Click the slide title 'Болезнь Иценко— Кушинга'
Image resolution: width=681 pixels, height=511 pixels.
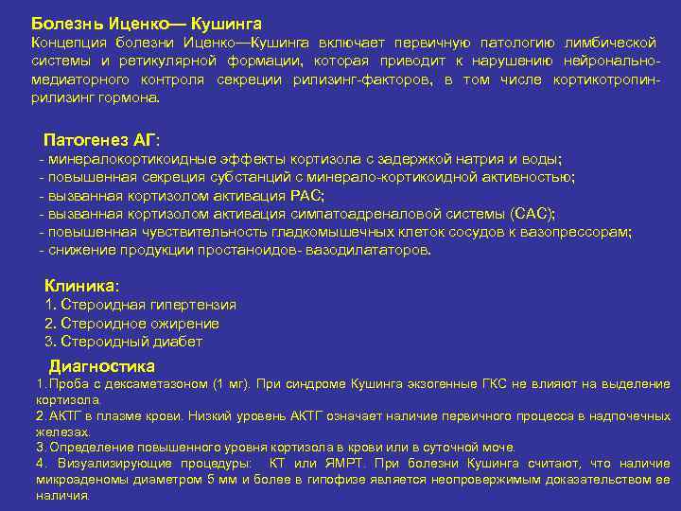click(x=146, y=21)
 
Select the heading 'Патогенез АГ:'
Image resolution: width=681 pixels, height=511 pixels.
click(x=101, y=139)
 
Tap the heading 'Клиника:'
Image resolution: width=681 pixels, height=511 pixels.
click(x=82, y=285)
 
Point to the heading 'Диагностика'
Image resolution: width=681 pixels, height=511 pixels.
click(x=102, y=366)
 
